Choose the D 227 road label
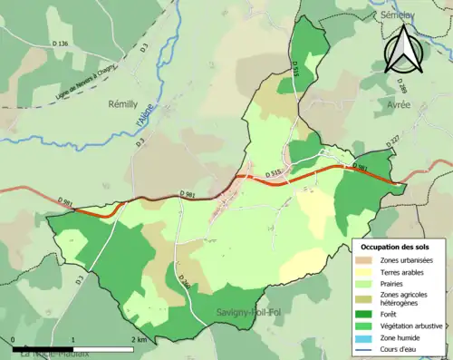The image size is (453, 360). pos(392,141)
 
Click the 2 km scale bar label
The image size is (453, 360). pos(140,339)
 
